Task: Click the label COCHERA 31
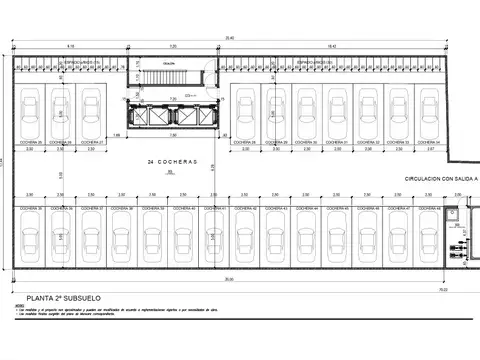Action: pos(339,143)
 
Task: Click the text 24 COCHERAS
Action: pos(171,161)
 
